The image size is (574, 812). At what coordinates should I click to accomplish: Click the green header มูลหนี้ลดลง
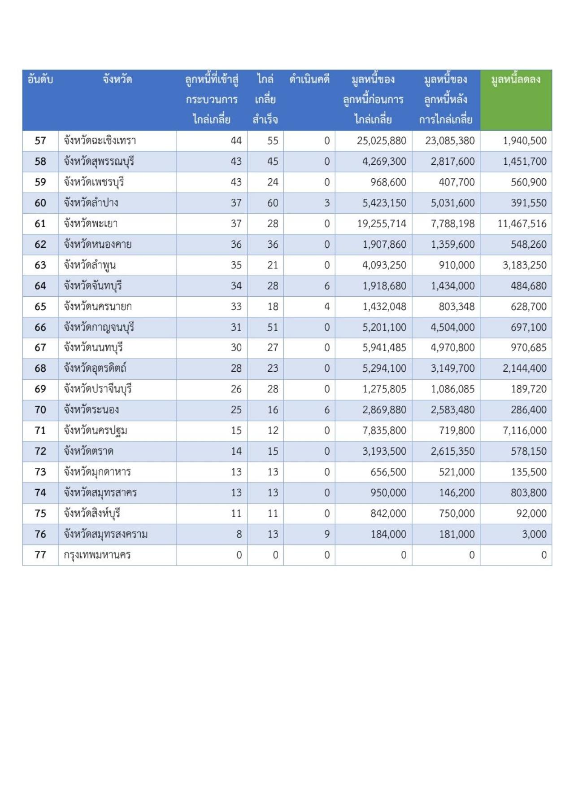(x=516, y=80)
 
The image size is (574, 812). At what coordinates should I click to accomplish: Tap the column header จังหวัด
(x=117, y=80)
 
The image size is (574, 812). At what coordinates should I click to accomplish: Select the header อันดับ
(x=40, y=80)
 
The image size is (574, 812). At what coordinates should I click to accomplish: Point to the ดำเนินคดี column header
(x=309, y=80)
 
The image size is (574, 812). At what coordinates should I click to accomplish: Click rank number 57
(x=40, y=141)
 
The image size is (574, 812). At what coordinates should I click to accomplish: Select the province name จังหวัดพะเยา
(x=91, y=224)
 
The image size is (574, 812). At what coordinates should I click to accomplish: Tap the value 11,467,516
(x=522, y=224)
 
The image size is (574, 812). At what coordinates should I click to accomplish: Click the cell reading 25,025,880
(x=382, y=141)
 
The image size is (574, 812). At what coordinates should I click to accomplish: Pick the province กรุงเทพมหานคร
(x=97, y=555)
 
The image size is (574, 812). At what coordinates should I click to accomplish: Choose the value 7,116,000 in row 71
(x=525, y=430)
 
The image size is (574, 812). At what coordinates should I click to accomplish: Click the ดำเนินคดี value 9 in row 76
(x=327, y=534)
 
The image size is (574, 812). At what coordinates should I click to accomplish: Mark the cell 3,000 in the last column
(x=534, y=534)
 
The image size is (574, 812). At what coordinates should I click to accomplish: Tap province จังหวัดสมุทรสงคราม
(x=106, y=534)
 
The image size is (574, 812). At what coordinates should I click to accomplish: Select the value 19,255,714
(x=382, y=224)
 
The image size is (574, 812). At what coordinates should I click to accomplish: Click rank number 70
(x=40, y=410)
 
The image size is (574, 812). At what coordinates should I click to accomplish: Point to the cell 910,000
(x=457, y=265)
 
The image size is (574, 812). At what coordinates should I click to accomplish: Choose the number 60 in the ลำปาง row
(x=273, y=203)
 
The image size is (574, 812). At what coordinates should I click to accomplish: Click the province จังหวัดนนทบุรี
(x=93, y=347)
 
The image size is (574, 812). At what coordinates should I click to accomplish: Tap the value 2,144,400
(x=525, y=369)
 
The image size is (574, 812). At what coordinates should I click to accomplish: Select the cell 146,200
(x=457, y=493)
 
